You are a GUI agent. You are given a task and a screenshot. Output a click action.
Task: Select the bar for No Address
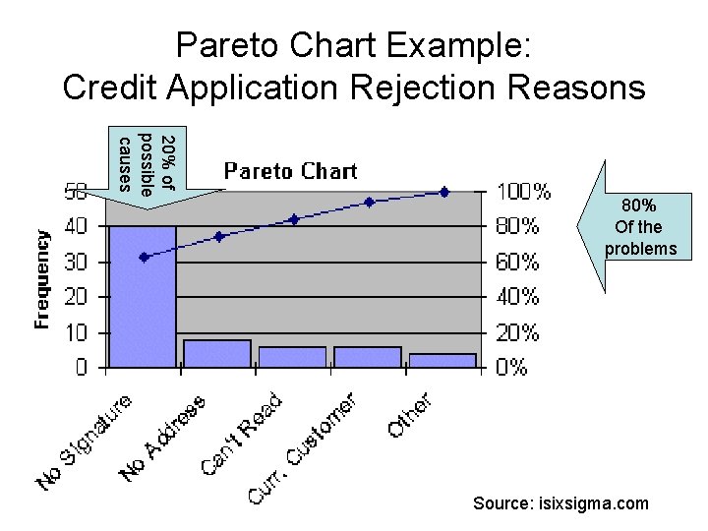(217, 354)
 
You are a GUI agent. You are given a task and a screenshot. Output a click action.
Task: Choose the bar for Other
(442, 360)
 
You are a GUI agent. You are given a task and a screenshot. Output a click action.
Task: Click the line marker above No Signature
(145, 257)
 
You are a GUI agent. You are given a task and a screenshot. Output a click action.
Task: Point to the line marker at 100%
(444, 192)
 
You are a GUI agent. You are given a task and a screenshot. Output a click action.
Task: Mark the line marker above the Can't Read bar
(294, 219)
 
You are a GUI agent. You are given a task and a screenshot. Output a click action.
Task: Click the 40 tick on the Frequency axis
(76, 226)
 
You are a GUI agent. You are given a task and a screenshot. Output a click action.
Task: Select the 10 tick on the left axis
(76, 332)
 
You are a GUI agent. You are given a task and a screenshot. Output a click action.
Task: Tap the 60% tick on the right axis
(516, 262)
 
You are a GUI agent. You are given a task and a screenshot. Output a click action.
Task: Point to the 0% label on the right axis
(511, 368)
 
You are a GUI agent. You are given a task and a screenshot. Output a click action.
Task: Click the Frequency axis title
(42, 279)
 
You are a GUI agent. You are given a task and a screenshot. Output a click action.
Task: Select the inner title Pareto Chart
(290, 171)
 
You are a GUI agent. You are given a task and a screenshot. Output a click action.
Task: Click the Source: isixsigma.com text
(560, 503)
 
